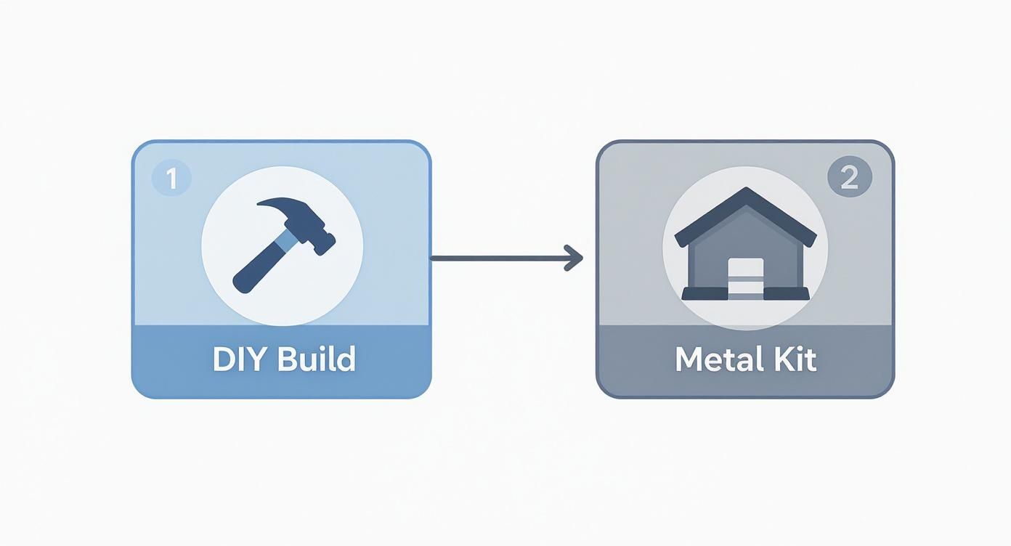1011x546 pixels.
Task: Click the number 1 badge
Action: pyautogui.click(x=171, y=179)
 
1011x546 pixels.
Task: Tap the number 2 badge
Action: pyautogui.click(x=849, y=178)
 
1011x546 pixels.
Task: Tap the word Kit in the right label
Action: pyautogui.click(x=794, y=359)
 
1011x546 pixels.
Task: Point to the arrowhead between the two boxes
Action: pyautogui.click(x=575, y=258)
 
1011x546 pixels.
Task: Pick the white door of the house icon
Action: pyautogui.click(x=745, y=278)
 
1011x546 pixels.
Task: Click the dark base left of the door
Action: pyautogui.click(x=704, y=293)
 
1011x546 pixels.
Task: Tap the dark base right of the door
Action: pyautogui.click(x=786, y=293)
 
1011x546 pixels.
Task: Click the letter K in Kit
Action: pyautogui.click(x=778, y=359)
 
